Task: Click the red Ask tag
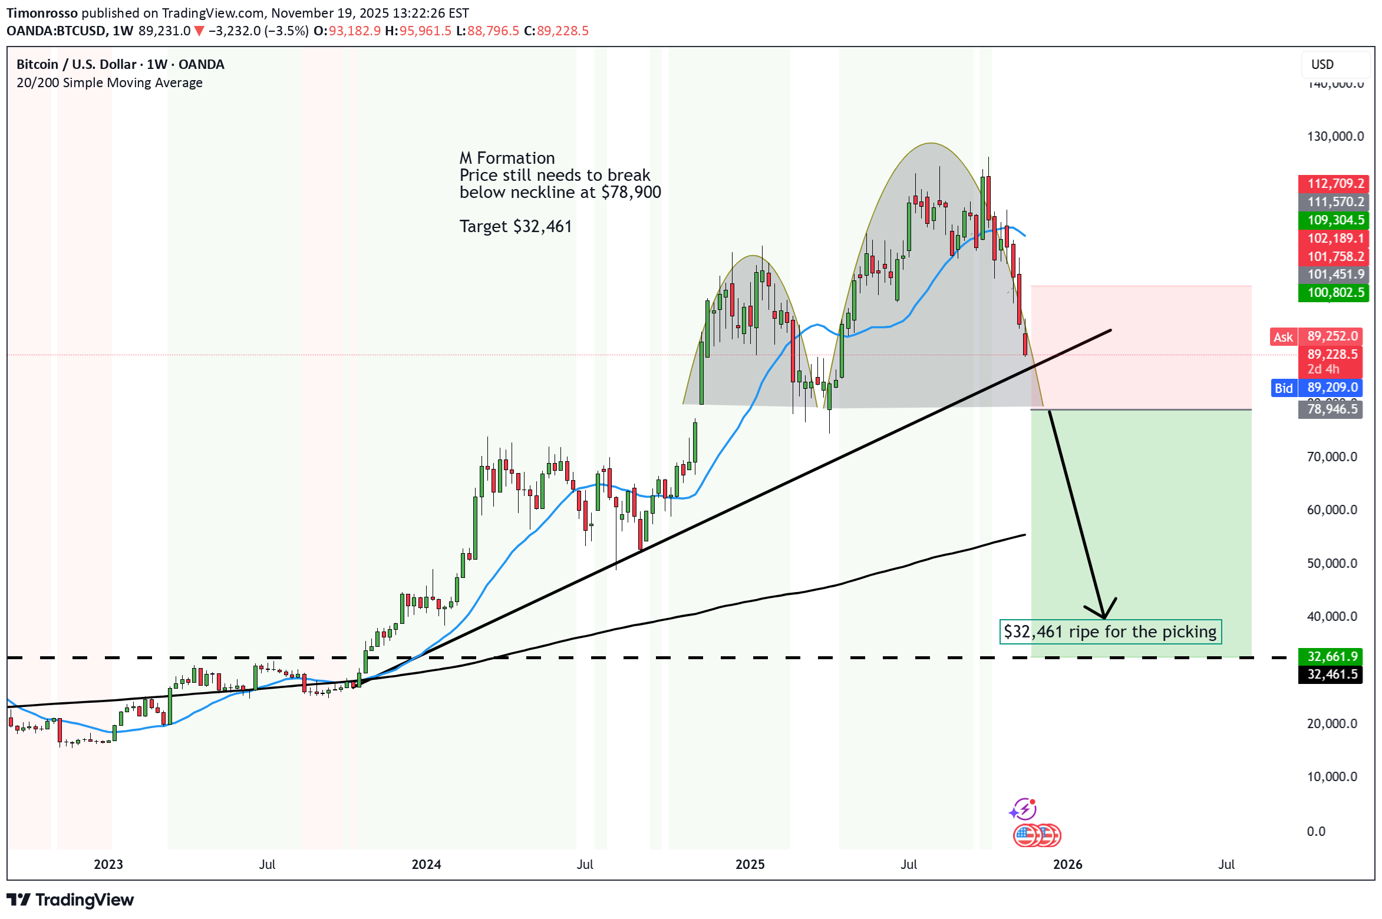[1283, 337]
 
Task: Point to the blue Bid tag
[1283, 388]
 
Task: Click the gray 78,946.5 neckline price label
[1331, 409]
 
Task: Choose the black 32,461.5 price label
[1331, 675]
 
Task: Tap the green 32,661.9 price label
[1331, 656]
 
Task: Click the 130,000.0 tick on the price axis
[1335, 137]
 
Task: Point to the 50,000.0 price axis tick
[1331, 564]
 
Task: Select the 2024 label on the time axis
[426, 865]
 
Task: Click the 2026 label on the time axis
[1067, 865]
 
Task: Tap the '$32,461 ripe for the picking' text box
[1110, 632]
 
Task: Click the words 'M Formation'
[507, 158]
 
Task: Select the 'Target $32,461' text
[516, 227]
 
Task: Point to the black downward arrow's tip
[1103, 617]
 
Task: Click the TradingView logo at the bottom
[71, 900]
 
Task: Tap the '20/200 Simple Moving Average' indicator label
[110, 83]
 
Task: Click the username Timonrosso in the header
[42, 13]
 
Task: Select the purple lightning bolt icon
[1024, 809]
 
